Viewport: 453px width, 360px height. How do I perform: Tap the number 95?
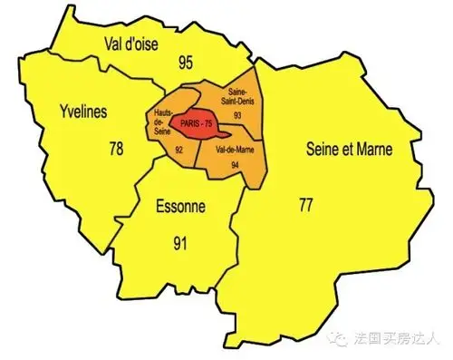[187, 63]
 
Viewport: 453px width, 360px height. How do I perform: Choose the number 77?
[306, 205]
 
